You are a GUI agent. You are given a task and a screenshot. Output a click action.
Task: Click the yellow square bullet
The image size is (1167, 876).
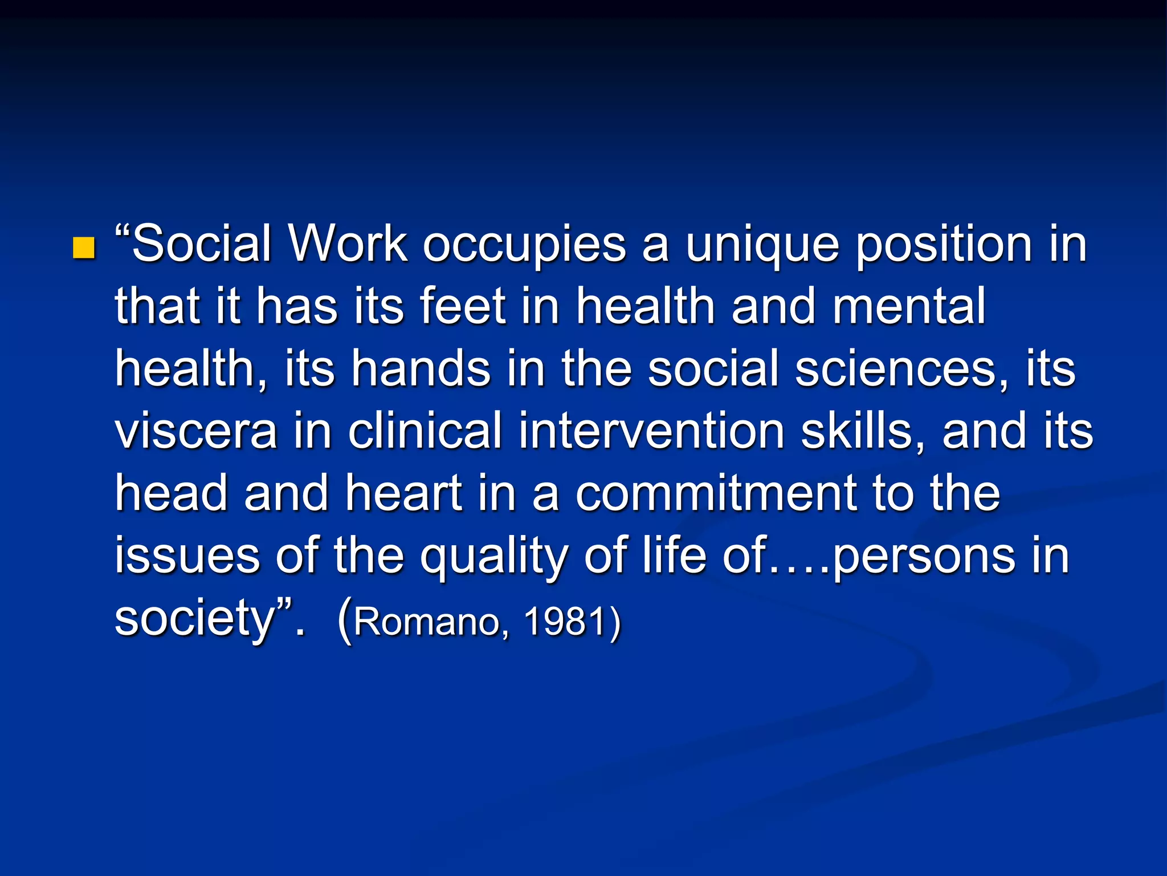pyautogui.click(x=84, y=248)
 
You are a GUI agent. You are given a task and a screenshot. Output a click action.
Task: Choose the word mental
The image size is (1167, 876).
pyautogui.click(x=909, y=306)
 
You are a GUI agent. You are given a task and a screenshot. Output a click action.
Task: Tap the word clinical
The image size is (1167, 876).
pyautogui.click(x=425, y=431)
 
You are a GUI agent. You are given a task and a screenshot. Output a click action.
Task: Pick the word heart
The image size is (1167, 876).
pyautogui.click(x=403, y=493)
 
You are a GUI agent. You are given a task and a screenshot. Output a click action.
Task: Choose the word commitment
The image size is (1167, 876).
pyautogui.click(x=716, y=493)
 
